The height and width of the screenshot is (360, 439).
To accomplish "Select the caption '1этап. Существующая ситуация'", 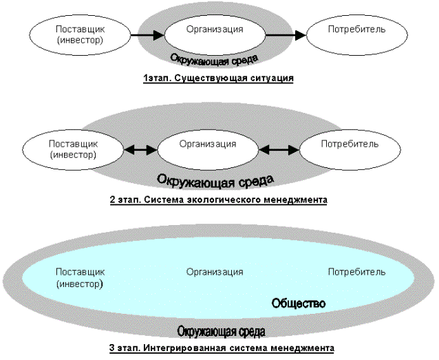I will (218, 78).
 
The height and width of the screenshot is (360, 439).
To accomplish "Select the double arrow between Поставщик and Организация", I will (140, 148).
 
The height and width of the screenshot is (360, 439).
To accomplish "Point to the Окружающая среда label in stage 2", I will (215, 180).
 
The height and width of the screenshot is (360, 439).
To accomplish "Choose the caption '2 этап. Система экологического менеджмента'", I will (217, 200).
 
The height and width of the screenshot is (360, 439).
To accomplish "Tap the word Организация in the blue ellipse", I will (215, 271).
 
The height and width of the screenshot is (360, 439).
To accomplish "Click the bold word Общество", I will (299, 303).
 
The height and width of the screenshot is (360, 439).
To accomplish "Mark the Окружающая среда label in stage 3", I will (221, 331).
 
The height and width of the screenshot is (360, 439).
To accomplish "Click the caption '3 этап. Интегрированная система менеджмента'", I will (221, 348).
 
